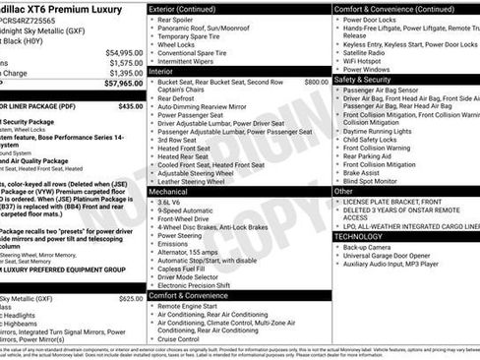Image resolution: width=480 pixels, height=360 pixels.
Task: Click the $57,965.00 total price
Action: point(117,85)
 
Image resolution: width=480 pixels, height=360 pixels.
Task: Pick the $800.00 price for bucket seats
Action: point(316,83)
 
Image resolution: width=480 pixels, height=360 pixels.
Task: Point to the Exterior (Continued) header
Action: point(188,9)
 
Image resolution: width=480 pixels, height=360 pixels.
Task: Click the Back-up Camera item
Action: point(369,247)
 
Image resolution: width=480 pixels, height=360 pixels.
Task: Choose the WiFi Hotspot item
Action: point(367,60)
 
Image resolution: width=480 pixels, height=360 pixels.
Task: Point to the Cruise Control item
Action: point(184,338)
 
